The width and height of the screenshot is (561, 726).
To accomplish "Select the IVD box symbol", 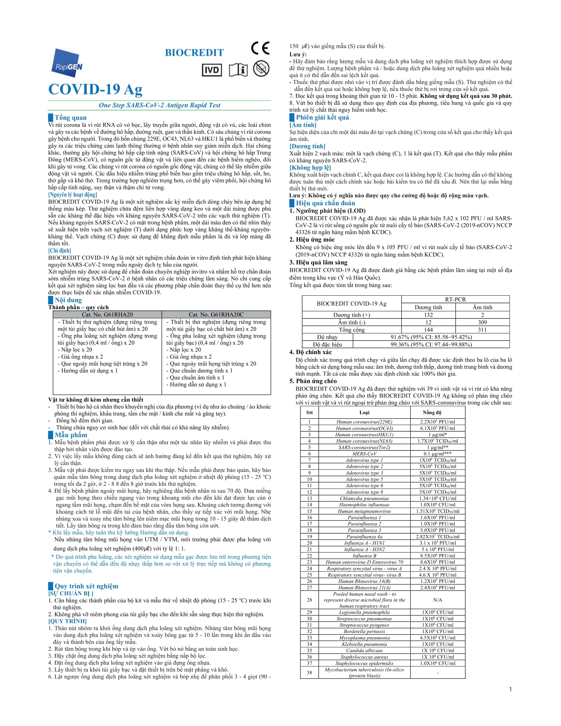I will point(212,70).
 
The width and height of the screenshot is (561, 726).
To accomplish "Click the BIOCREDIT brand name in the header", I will point(194,53).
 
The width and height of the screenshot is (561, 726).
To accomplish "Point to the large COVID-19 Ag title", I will point(95,89).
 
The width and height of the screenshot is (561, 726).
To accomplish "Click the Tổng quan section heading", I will point(71,117).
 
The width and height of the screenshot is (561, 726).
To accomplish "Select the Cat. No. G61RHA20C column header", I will point(216,314).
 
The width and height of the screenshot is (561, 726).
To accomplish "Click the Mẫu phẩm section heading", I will point(71,435).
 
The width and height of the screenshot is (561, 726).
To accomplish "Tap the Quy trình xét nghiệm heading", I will point(86,586).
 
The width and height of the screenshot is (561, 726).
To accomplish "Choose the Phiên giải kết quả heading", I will point(322,117).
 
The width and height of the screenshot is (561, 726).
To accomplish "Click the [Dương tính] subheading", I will point(308,146).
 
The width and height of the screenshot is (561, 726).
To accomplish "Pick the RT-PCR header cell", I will point(455,299).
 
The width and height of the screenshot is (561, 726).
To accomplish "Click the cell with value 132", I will point(428,315).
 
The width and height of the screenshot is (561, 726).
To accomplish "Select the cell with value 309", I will point(482,322).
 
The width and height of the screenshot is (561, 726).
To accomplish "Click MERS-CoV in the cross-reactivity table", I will point(364,453).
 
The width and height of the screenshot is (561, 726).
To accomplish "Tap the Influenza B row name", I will point(364,555).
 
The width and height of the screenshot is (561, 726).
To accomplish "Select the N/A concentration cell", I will point(437,600).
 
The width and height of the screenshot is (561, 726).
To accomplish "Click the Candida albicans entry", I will point(364,650).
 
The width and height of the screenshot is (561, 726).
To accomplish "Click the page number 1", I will point(511,689).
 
